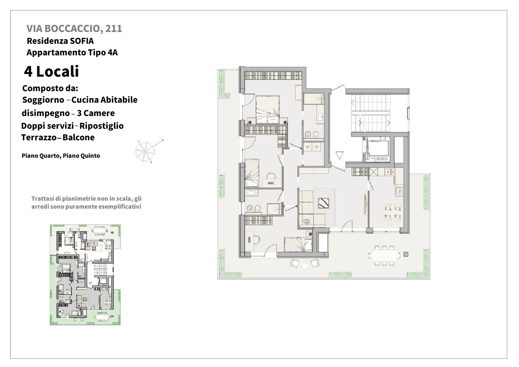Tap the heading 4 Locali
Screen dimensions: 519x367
(51, 71)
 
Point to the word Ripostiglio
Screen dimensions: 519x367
(101, 126)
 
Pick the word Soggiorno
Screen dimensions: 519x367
(43, 100)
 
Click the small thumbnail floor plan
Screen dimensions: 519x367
(85, 275)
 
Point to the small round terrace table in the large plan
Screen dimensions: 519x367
(305, 265)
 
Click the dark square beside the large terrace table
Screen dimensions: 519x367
(406, 254)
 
